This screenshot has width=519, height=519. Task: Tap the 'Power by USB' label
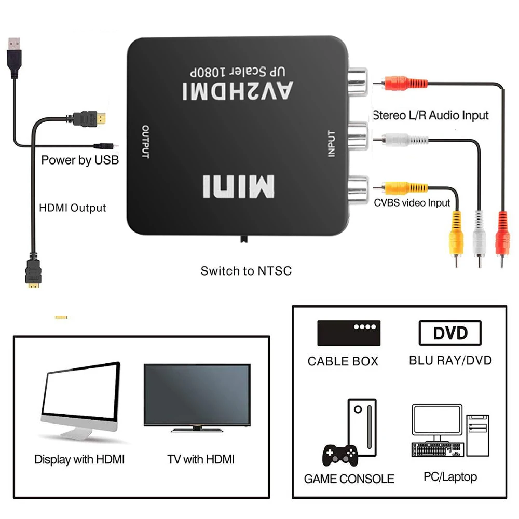coord(80,160)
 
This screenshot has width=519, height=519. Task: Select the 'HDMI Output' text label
coord(73,208)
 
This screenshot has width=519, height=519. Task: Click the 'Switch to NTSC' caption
coord(246,270)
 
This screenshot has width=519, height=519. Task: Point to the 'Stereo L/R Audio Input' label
coord(431,115)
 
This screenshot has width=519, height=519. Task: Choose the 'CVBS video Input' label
coord(412,202)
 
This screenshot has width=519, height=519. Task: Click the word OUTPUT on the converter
coord(145,142)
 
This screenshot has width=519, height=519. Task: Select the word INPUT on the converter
coord(332,144)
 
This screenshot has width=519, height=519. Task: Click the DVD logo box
coord(450,333)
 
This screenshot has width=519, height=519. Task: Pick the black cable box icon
coord(349,333)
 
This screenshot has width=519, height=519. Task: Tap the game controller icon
coord(340,455)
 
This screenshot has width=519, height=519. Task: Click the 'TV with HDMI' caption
coord(201,459)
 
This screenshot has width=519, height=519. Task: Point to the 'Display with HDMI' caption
coord(79,459)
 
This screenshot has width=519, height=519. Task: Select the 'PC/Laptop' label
coord(450,476)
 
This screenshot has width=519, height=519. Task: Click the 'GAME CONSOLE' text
coord(349,479)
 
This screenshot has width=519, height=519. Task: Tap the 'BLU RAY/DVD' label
coord(450,360)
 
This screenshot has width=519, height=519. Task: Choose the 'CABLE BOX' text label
coord(343,361)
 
